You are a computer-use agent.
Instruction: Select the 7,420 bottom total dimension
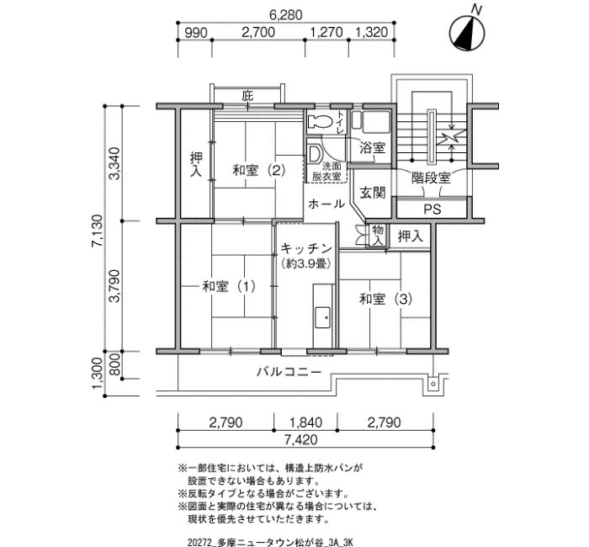point(305,440)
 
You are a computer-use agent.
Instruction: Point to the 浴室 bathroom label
point(373,148)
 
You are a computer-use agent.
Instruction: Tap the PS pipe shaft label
point(432,210)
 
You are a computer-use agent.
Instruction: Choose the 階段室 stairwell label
point(431,178)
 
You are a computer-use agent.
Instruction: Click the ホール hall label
point(326,204)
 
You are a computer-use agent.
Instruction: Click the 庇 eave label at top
point(247,97)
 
